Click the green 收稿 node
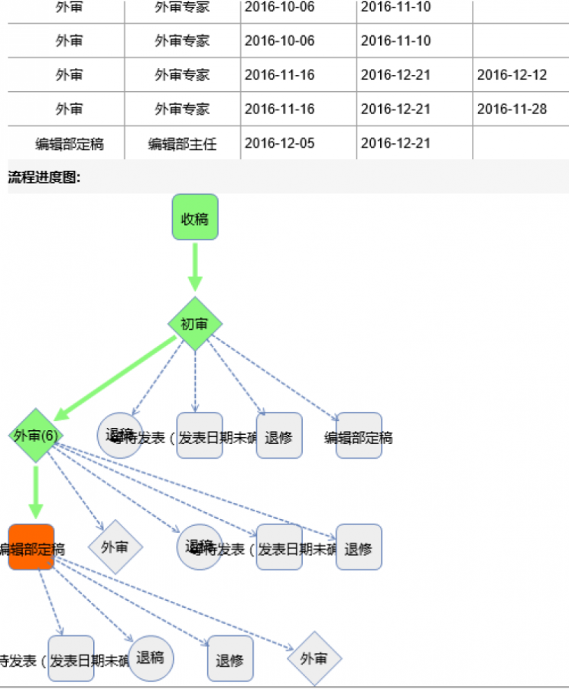click(195, 217)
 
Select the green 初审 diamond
click(195, 324)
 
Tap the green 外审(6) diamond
click(35, 436)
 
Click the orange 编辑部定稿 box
click(31, 547)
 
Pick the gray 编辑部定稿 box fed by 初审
click(359, 436)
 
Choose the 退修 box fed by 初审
click(279, 436)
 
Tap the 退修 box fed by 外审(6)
click(359, 548)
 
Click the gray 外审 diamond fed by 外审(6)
click(115, 547)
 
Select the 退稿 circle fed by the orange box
click(151, 658)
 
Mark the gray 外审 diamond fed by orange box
click(314, 658)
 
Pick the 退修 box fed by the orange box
click(230, 659)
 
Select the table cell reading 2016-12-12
click(512, 75)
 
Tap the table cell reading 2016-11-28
click(512, 109)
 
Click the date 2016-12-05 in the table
click(279, 143)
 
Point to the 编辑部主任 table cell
click(182, 144)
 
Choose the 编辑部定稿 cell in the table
click(70, 144)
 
